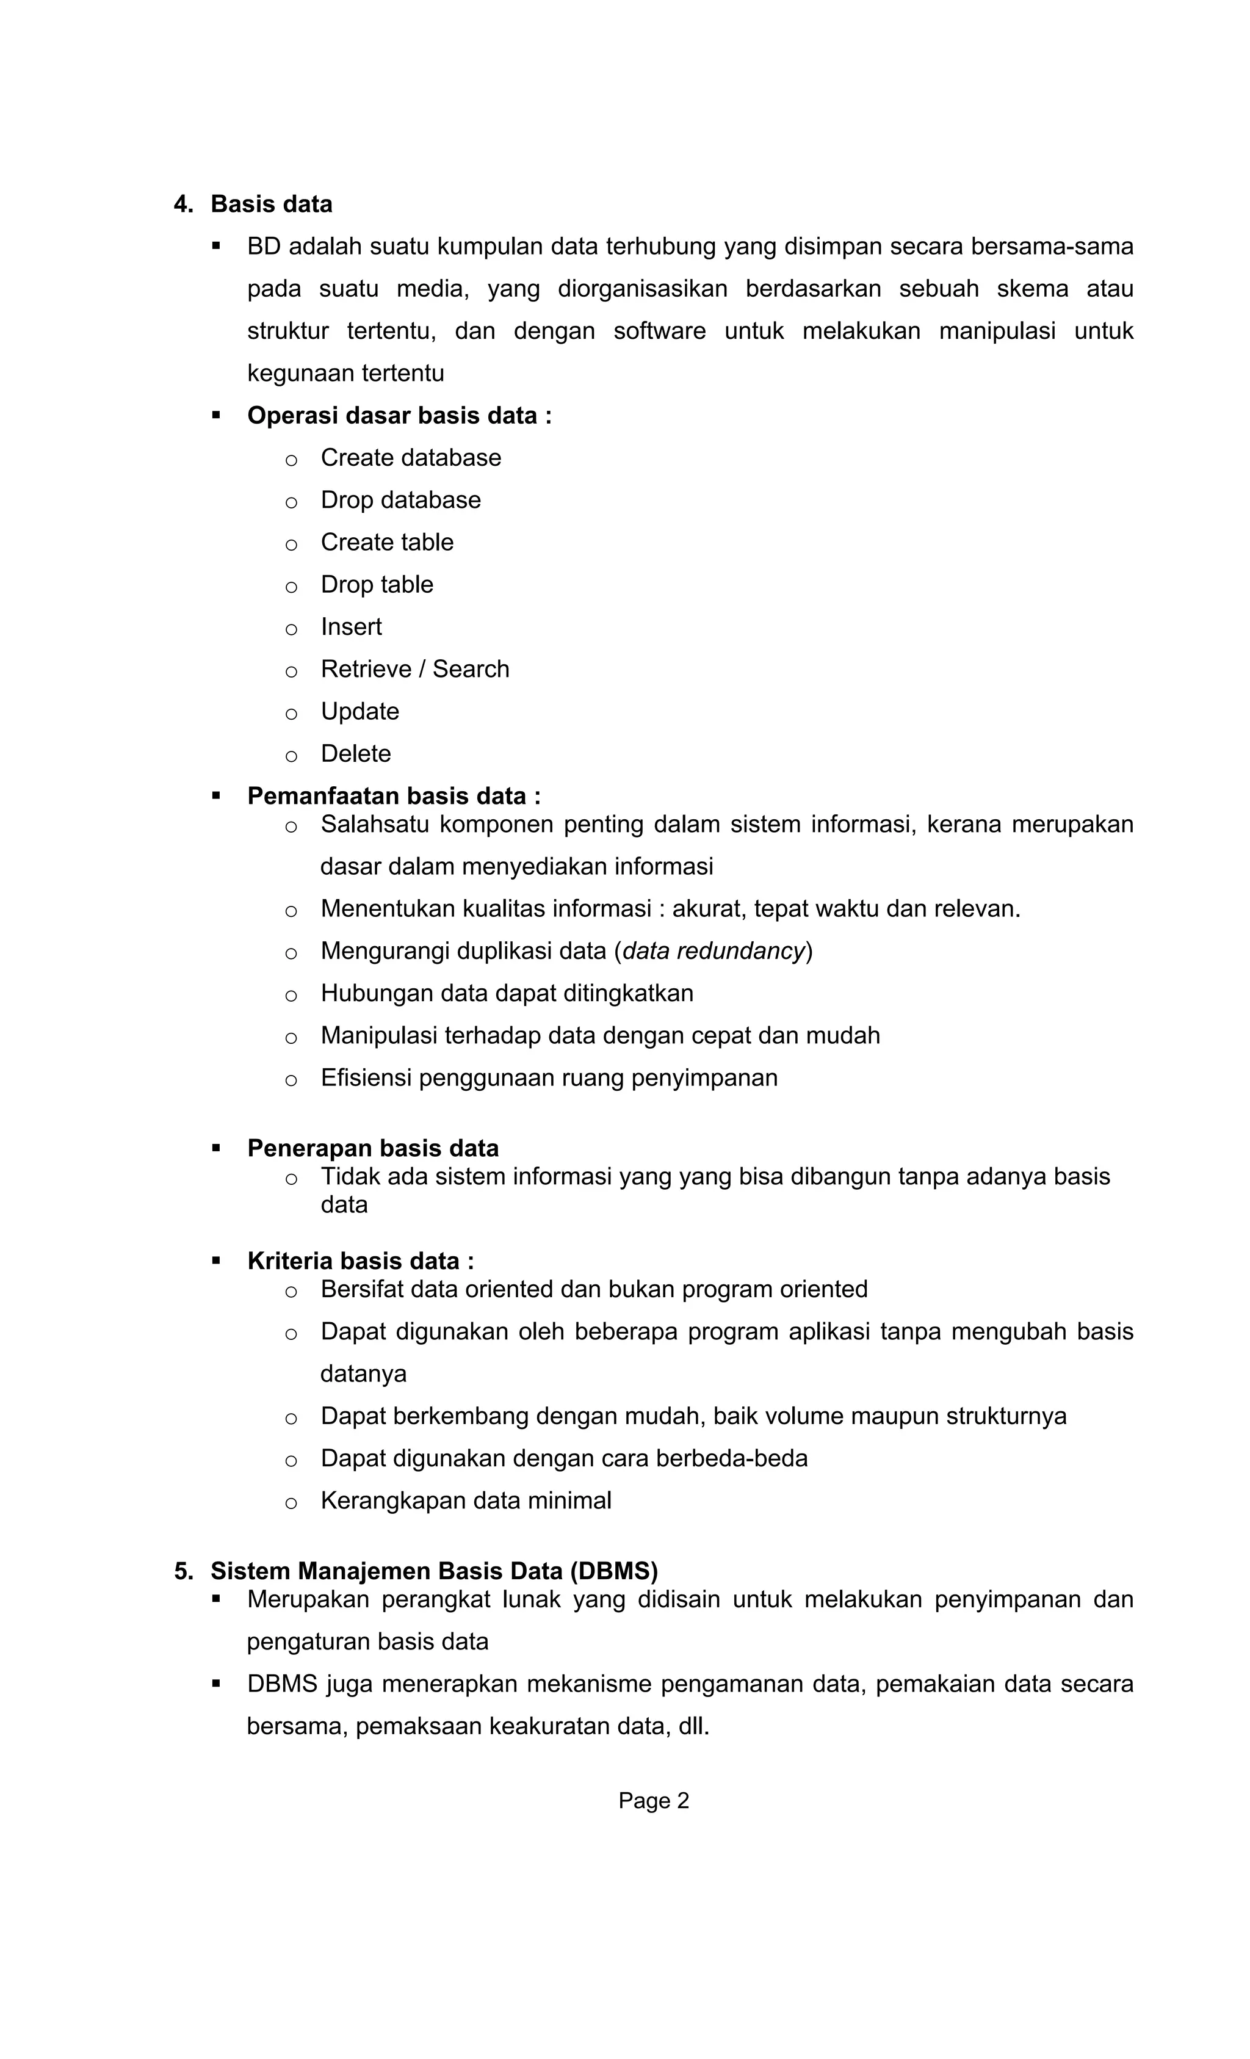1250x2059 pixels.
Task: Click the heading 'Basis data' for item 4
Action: pyautogui.click(x=271, y=204)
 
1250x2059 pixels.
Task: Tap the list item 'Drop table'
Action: pyautogui.click(x=377, y=584)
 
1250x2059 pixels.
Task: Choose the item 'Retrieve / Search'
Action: pyautogui.click(x=414, y=668)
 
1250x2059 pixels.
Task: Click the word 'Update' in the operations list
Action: pyautogui.click(x=359, y=711)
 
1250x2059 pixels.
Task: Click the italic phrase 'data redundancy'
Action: pyautogui.click(x=713, y=951)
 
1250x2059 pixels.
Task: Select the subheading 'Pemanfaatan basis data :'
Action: pyautogui.click(x=394, y=795)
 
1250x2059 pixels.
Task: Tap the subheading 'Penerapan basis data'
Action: pyautogui.click(x=373, y=1148)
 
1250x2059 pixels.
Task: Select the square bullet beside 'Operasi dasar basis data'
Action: pyautogui.click(x=217, y=414)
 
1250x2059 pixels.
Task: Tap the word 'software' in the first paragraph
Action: pyautogui.click(x=659, y=331)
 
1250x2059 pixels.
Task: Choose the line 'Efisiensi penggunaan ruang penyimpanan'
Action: pyautogui.click(x=548, y=1077)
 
